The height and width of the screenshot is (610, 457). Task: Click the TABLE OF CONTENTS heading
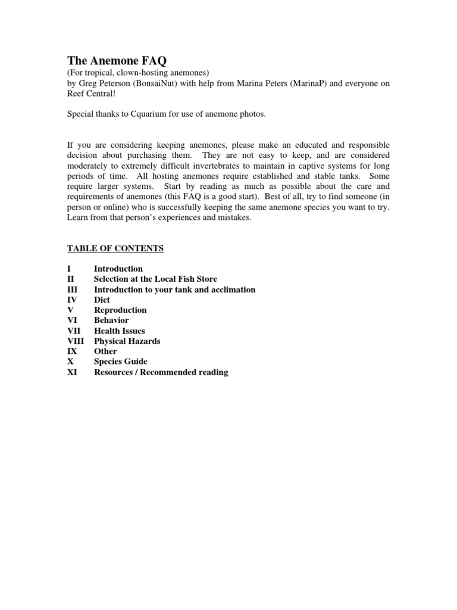tap(115, 248)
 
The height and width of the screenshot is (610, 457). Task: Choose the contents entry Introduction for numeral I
tap(118, 269)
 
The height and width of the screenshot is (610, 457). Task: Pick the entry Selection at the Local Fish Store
tap(155, 279)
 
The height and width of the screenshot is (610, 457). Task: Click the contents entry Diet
tap(102, 300)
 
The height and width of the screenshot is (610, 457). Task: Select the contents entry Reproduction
tap(120, 310)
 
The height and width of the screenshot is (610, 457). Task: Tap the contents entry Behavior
tap(111, 320)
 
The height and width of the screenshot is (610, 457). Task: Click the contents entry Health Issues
tap(119, 331)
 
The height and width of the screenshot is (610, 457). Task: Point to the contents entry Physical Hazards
tap(127, 341)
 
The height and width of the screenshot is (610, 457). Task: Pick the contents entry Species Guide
tap(120, 362)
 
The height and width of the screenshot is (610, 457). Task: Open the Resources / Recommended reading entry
tap(161, 372)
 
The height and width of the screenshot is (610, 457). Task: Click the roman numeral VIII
tap(76, 341)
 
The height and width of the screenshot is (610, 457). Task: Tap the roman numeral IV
tap(72, 300)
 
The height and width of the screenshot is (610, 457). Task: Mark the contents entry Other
tap(105, 351)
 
